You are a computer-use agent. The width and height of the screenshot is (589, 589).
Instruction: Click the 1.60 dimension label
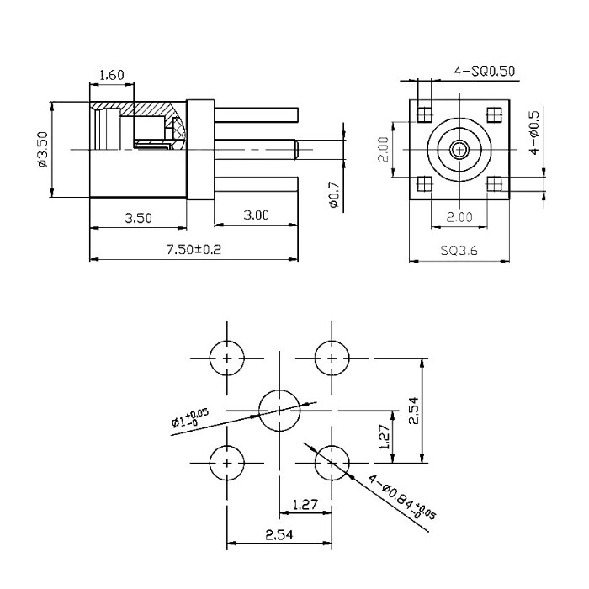(112, 75)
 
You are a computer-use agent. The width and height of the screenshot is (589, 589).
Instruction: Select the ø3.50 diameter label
(43, 149)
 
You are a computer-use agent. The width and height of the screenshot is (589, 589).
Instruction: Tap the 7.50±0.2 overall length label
(194, 249)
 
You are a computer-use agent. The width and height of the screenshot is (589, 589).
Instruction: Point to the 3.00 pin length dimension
(256, 215)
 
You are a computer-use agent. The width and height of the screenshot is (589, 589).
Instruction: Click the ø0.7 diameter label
(333, 194)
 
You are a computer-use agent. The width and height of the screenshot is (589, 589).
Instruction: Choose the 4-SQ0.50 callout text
(485, 71)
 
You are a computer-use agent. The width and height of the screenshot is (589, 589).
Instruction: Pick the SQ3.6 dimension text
(459, 250)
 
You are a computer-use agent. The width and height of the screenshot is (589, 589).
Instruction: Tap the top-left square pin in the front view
(425, 115)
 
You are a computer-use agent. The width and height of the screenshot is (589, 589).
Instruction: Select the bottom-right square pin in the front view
(495, 184)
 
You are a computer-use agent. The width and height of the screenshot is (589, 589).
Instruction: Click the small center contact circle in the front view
(459, 150)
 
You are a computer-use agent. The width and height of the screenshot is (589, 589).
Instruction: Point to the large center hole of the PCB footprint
(279, 411)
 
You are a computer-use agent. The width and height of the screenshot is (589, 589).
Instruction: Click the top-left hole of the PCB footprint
(227, 358)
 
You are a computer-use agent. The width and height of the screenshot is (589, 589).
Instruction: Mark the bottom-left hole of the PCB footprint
(227, 463)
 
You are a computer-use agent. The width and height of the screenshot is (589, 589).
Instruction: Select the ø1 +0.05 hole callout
(189, 417)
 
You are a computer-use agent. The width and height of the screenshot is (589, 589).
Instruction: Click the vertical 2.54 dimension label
(413, 411)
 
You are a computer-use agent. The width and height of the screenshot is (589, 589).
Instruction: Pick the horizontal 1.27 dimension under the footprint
(305, 504)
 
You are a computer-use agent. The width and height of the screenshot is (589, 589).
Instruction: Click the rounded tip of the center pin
(296, 150)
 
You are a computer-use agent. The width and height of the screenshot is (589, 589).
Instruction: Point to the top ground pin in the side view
(257, 115)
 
